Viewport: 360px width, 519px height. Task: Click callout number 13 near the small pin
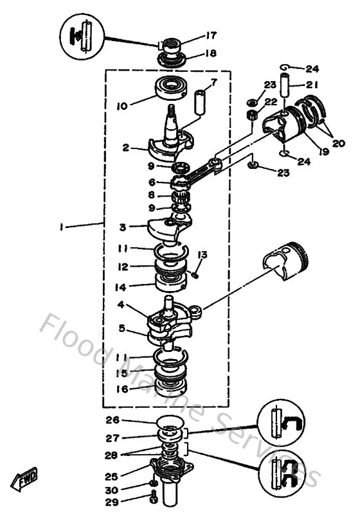202,256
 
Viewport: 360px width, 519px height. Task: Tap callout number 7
214,82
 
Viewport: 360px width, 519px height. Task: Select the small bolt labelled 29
153,497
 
